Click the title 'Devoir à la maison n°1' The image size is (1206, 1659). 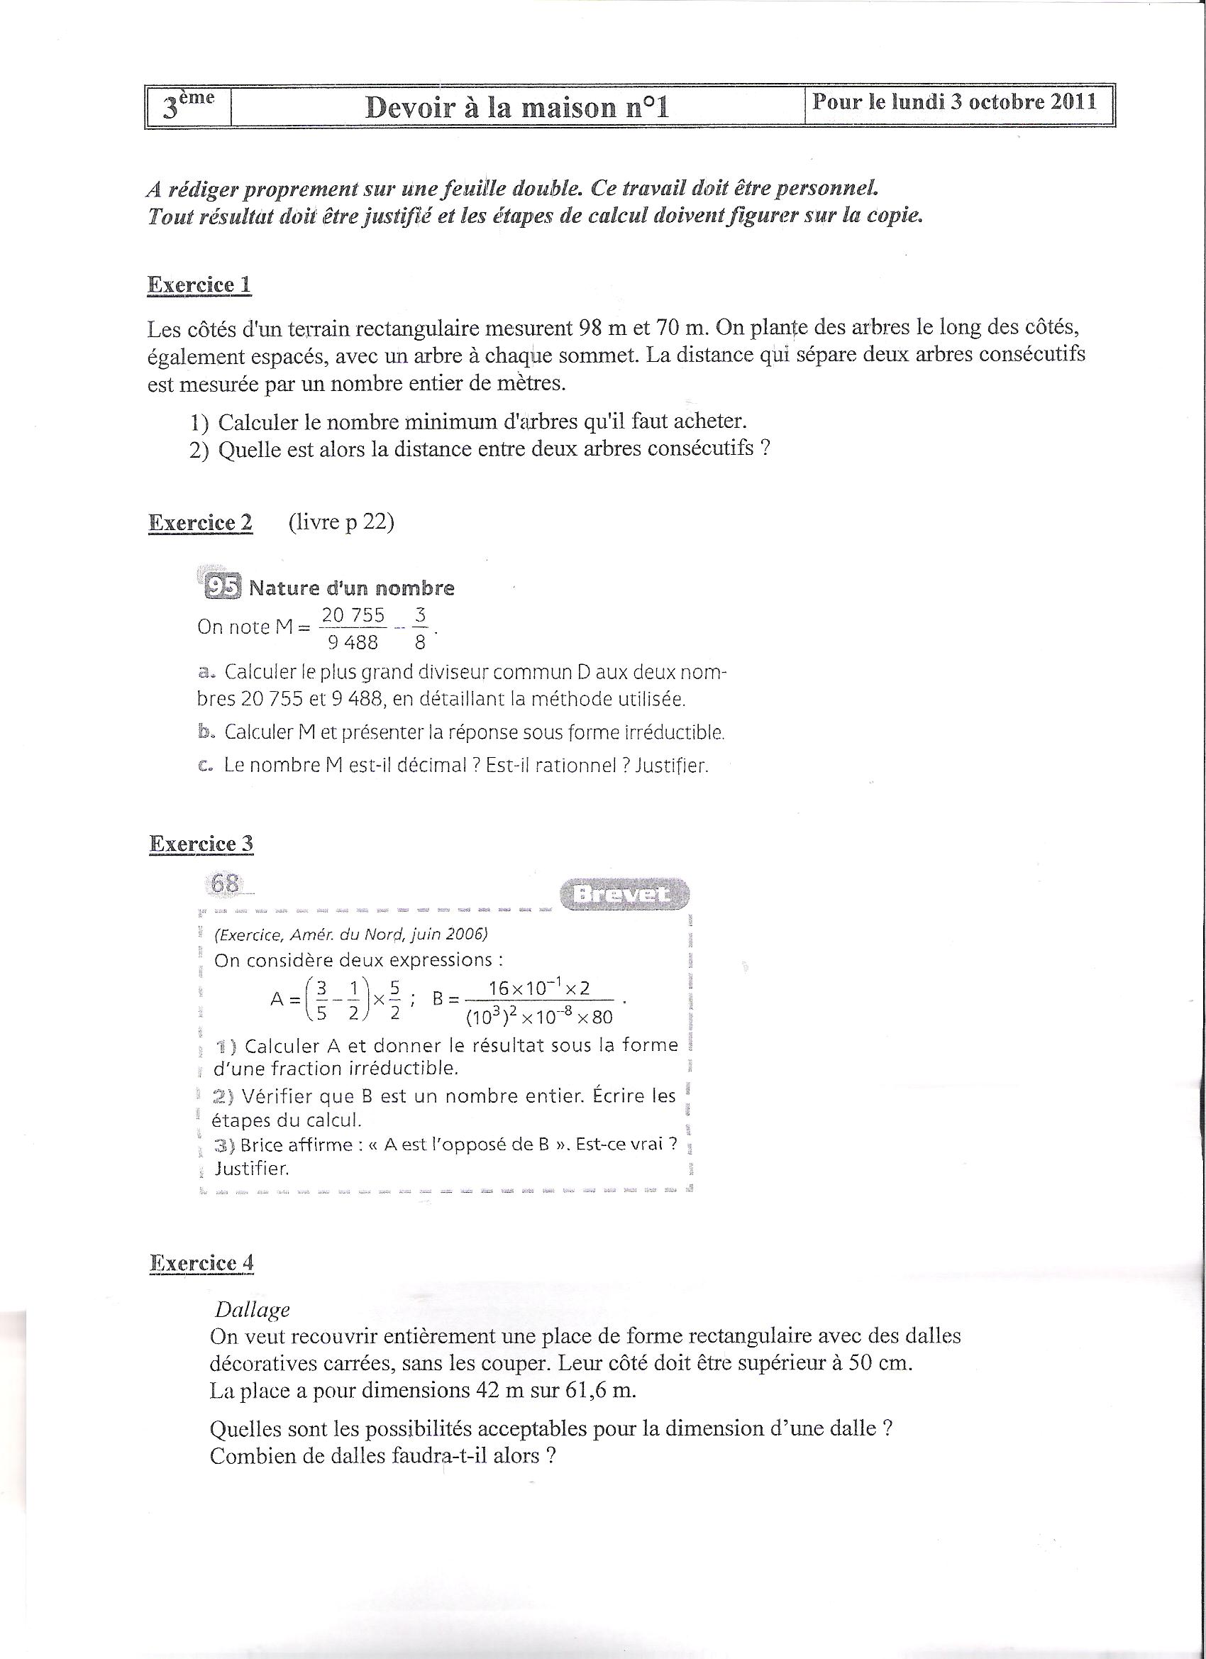click(516, 108)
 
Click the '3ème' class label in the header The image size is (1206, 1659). click(188, 106)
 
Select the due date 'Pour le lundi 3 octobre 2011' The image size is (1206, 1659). click(954, 101)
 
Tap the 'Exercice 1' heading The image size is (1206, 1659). click(199, 285)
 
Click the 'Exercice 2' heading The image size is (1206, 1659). click(200, 522)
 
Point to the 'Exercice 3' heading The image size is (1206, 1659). click(201, 844)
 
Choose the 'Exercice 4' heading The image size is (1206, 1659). click(202, 1263)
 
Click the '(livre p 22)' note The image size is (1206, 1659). click(341, 522)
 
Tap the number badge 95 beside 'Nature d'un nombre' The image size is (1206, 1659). click(222, 587)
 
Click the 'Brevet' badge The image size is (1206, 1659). click(624, 894)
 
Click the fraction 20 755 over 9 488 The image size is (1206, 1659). click(353, 629)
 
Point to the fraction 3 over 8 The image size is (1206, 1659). click(420, 629)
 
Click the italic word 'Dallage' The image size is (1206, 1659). click(253, 1309)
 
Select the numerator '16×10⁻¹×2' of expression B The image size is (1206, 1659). click(540, 988)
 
